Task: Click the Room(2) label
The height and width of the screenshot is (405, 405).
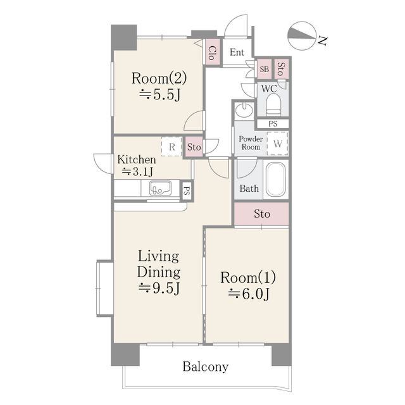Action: click(159, 78)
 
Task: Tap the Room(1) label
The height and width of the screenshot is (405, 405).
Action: click(248, 278)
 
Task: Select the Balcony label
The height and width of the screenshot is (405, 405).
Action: click(206, 367)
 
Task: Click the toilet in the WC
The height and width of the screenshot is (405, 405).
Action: click(273, 104)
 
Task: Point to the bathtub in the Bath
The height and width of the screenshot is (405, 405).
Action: click(276, 179)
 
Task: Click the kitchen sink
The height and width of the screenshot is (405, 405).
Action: click(160, 188)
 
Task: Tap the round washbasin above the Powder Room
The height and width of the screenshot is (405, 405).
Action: click(244, 109)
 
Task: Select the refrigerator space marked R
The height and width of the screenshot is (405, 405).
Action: click(171, 146)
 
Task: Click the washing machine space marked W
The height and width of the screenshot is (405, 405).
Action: click(277, 144)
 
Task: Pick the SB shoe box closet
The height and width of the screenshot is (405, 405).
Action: click(265, 69)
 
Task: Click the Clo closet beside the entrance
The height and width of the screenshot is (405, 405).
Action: click(213, 53)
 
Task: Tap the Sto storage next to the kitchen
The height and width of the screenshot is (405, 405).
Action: click(194, 147)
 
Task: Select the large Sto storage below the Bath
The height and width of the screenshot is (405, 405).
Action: click(261, 214)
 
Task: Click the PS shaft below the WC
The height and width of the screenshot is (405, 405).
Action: click(273, 124)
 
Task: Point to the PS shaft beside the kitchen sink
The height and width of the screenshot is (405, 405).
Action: click(187, 191)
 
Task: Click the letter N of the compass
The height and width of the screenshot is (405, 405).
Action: click(322, 41)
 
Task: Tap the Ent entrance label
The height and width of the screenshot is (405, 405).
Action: click(237, 53)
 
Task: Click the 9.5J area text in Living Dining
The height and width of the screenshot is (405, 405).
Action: click(159, 288)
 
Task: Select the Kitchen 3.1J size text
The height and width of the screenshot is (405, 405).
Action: click(137, 171)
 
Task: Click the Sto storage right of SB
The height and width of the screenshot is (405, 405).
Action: click(281, 69)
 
